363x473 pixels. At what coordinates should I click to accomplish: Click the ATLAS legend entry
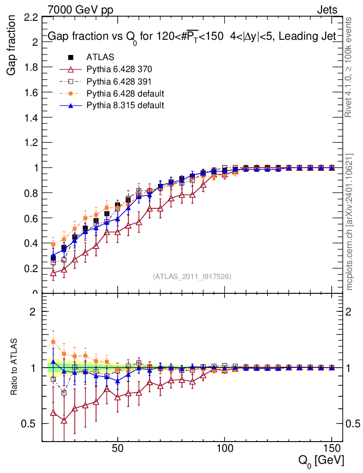coord(100,57)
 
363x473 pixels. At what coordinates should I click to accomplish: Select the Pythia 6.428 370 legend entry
coord(119,69)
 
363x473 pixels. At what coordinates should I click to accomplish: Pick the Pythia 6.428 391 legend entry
coord(119,81)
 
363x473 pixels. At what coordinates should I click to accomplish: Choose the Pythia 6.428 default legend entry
coord(125,93)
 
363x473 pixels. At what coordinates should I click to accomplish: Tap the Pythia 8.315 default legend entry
coord(125,105)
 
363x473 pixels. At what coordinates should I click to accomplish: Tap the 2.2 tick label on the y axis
coord(30,18)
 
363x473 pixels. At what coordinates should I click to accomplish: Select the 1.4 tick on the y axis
coord(30,117)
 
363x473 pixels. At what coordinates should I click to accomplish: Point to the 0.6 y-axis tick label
coord(30,218)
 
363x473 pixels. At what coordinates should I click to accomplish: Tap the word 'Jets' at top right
coord(327,9)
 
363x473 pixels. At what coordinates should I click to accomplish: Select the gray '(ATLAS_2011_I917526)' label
coord(192,277)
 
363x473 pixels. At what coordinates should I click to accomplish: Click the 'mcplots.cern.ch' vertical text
coord(350,222)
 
